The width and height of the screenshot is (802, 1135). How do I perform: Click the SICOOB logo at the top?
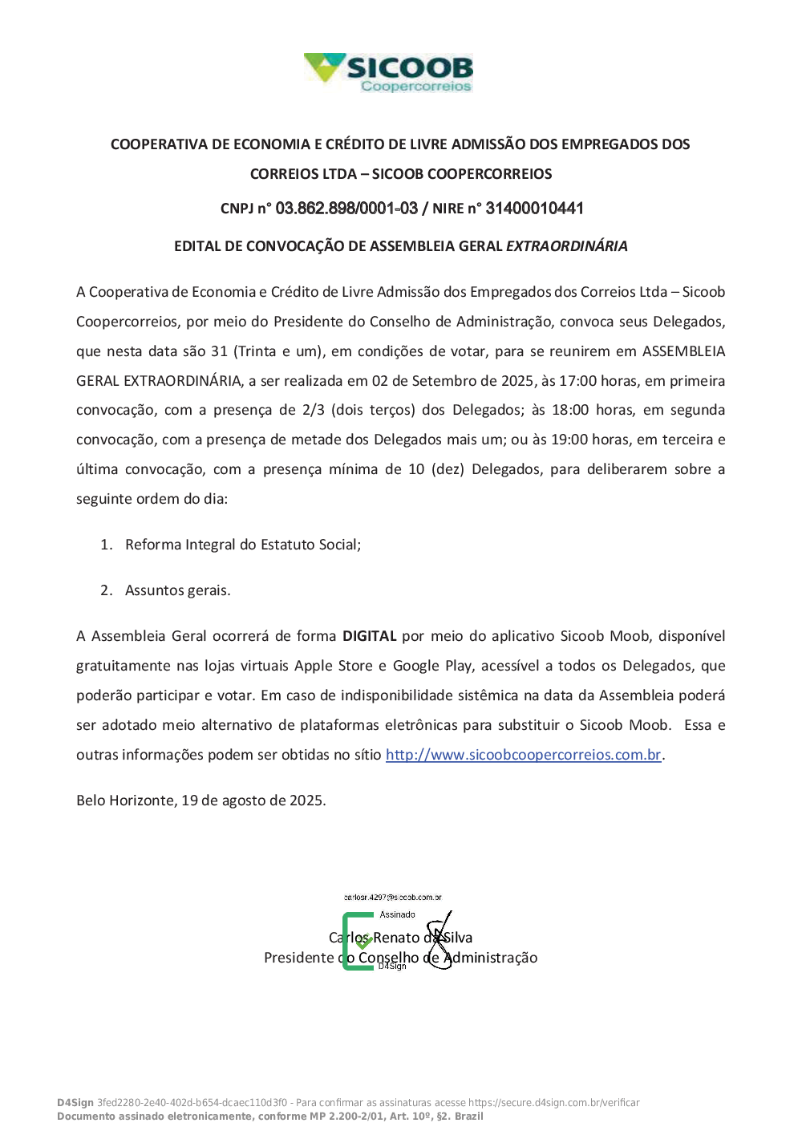point(389,72)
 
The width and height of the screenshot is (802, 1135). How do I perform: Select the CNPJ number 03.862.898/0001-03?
point(346,209)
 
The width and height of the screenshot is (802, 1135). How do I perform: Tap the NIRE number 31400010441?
point(534,209)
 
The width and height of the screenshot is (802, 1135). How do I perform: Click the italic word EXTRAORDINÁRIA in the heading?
point(566,246)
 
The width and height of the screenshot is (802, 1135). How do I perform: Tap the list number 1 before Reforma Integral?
point(106,545)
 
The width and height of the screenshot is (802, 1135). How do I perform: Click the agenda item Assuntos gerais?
point(177,590)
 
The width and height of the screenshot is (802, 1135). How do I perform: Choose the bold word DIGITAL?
point(370,636)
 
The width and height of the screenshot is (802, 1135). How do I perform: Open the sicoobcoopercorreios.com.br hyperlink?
point(523,755)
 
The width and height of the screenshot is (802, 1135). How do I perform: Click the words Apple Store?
point(334,666)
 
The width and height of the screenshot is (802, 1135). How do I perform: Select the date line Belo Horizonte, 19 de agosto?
point(200,801)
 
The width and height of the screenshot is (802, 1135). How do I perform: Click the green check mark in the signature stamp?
point(364,941)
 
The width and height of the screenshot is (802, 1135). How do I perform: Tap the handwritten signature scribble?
point(439,940)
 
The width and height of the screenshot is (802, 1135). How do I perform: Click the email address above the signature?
point(393,898)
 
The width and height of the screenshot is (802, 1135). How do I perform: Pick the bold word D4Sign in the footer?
point(75,1103)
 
